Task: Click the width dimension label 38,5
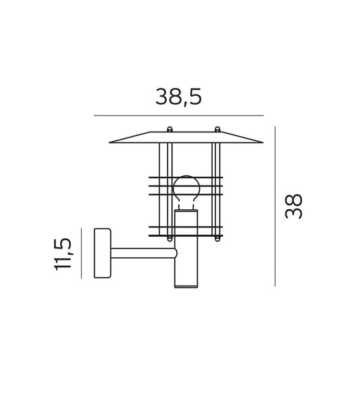click(x=178, y=97)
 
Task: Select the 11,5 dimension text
click(x=64, y=253)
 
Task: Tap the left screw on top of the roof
click(x=170, y=130)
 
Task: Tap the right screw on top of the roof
click(x=217, y=130)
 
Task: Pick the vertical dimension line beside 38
click(x=275, y=206)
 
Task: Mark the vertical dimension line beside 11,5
click(x=80, y=253)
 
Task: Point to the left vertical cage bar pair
click(x=162, y=189)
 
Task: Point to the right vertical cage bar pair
click(x=215, y=189)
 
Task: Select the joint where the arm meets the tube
click(x=175, y=254)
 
